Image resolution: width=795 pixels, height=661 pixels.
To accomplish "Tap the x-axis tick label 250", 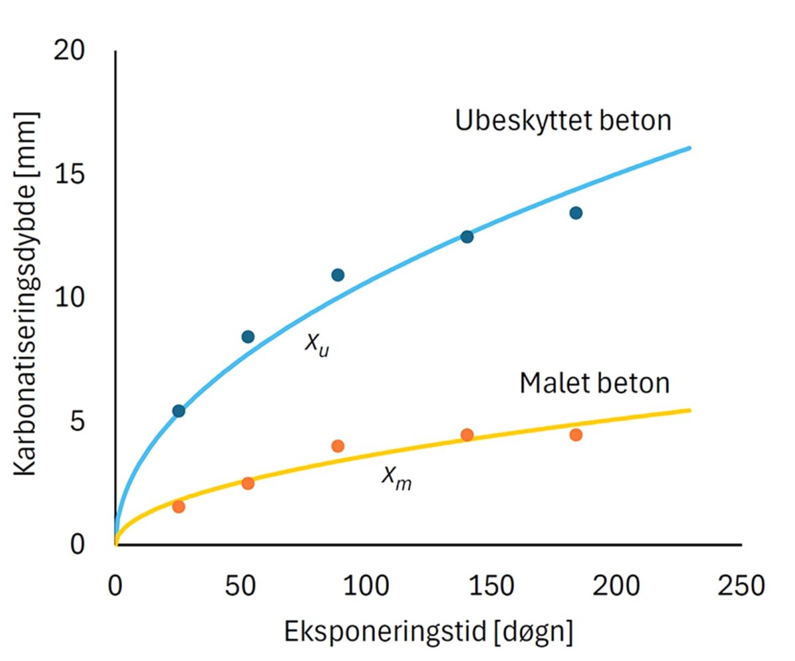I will (x=741, y=585).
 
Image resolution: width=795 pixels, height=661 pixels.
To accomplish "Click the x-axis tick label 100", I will (x=366, y=585).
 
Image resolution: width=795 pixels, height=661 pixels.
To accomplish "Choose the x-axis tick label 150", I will (x=491, y=585).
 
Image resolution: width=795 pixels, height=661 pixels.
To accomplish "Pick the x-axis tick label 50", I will (x=240, y=585).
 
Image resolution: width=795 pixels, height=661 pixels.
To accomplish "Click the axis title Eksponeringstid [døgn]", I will (x=429, y=631).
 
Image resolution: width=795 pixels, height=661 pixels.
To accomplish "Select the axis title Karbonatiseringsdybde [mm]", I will (x=26, y=293).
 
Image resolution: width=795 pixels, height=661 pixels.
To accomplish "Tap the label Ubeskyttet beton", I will (x=563, y=121).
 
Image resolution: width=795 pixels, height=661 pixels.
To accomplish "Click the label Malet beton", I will (x=594, y=383).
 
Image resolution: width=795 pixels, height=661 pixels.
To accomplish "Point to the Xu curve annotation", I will (x=317, y=344).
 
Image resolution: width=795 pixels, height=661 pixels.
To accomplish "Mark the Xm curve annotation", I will (x=396, y=477).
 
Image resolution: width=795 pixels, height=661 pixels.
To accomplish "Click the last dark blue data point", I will (x=576, y=213).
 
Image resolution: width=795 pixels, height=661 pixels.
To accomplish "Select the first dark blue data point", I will (x=178, y=411).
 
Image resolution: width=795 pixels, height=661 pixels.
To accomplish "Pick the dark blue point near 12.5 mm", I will (x=467, y=236).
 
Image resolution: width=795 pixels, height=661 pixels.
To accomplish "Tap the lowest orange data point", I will (x=178, y=507).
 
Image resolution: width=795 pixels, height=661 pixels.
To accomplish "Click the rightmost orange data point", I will (x=576, y=434).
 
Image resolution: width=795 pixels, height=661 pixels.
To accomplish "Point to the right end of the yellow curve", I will (x=690, y=411).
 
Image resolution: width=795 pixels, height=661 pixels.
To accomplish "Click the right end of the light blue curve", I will (x=690, y=148).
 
